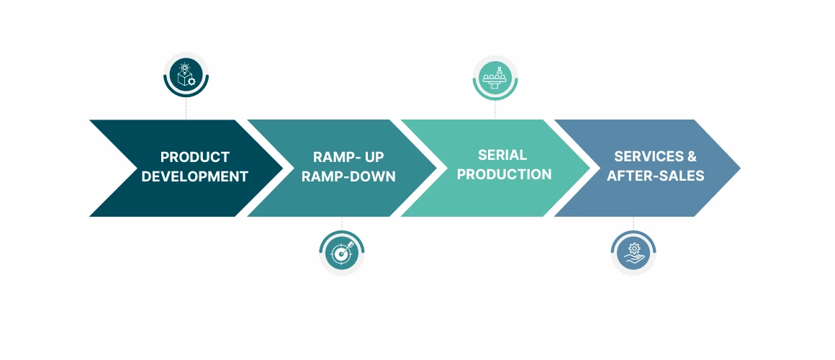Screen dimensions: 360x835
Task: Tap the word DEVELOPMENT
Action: point(195,176)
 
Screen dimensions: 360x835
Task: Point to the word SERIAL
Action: point(502,155)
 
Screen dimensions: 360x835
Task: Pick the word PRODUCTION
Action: point(505,174)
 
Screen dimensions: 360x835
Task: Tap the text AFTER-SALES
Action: point(656,176)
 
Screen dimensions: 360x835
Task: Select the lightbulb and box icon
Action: point(186,74)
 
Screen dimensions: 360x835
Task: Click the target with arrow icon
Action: point(341,253)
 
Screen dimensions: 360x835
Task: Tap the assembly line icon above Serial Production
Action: point(495,77)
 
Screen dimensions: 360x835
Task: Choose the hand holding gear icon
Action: point(633,253)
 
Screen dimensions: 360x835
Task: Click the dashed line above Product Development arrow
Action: point(186,108)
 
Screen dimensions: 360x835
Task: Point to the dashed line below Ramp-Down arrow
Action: point(341,223)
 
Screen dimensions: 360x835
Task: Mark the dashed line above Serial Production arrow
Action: point(495,109)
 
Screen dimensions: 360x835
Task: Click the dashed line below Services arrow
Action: point(633,223)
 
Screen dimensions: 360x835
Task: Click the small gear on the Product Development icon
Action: point(191,81)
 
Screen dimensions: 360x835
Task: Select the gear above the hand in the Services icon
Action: point(634,248)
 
